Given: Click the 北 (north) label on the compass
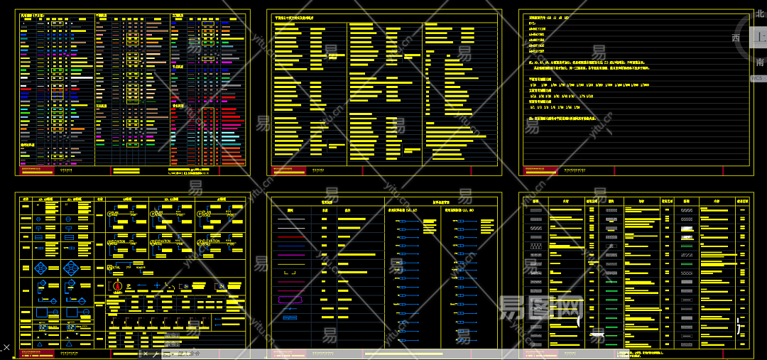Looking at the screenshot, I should coord(760,13).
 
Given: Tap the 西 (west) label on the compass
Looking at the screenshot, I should coord(736,38).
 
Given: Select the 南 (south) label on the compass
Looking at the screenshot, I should coord(760,62).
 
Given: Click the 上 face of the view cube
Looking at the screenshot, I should coord(760,38).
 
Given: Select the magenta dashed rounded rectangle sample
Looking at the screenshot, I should coord(290,300).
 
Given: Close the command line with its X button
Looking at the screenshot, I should coord(146,353).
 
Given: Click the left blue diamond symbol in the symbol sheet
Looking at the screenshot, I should coord(42,268).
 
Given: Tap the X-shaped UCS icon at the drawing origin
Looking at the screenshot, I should coord(6,348).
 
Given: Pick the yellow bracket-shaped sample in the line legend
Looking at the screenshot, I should coord(290,273).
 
